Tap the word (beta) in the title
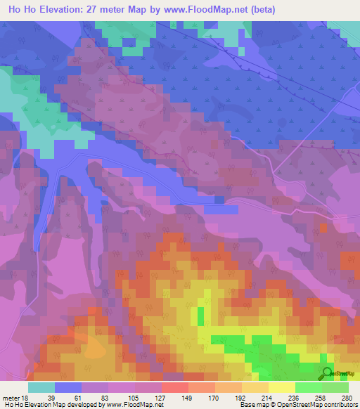coord(258,10)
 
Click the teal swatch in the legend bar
coord(41,387)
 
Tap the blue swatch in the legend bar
coord(68,387)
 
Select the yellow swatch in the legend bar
coord(281,387)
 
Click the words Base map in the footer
coord(254,405)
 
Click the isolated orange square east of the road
coord(323,227)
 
